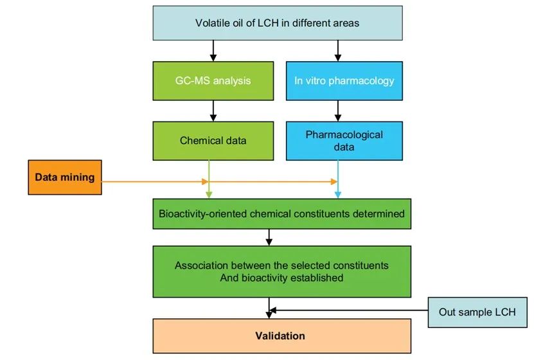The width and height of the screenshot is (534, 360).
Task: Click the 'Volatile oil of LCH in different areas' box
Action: pos(278,24)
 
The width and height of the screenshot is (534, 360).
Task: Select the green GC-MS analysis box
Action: pos(213,81)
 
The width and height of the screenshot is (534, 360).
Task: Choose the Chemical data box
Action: pos(213,141)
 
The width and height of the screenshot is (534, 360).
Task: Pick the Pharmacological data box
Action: pos(344,141)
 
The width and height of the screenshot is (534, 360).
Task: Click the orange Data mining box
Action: pos(64,177)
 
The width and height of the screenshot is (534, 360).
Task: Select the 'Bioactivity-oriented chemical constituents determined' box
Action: pos(281,213)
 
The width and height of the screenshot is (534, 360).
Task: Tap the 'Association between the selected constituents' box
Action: pos(281,271)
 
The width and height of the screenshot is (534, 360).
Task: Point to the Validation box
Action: pos(281,336)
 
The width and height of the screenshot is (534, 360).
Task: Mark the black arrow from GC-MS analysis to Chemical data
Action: pos(212,111)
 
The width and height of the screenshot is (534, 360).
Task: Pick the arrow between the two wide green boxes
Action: pos(269,237)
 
